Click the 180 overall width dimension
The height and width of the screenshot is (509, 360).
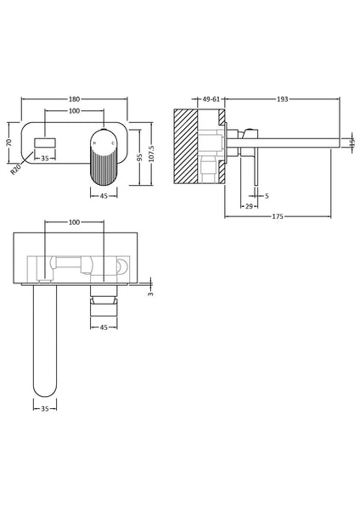[74, 99]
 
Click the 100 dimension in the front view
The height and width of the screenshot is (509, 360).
[74, 111]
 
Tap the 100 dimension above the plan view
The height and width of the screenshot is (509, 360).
[74, 222]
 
